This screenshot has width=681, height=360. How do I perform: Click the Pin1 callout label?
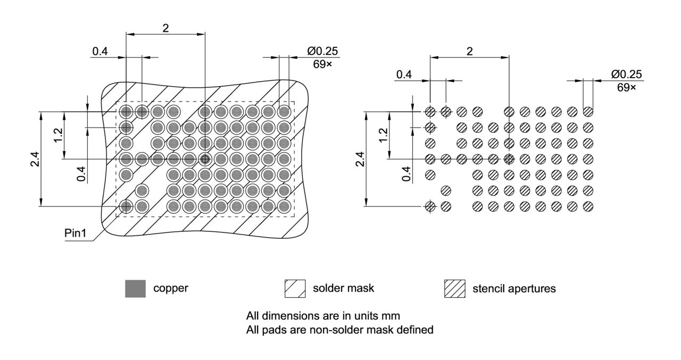(75, 234)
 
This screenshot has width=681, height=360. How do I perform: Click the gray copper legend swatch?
(135, 289)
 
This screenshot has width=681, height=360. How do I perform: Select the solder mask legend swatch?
(295, 289)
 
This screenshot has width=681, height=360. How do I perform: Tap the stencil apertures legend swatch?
(454, 289)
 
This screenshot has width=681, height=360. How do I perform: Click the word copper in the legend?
(171, 289)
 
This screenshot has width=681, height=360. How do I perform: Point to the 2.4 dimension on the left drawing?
(34, 158)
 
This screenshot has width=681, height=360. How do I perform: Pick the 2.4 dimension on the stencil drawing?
(360, 158)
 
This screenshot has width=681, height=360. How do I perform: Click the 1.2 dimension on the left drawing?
(59, 136)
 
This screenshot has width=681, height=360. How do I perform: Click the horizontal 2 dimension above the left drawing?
(165, 28)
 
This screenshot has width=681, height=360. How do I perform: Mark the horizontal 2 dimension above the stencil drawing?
(469, 51)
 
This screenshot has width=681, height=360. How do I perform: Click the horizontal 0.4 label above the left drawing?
(100, 51)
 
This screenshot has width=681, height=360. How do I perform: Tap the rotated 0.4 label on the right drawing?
(406, 173)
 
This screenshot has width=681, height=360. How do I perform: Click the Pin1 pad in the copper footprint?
(126, 206)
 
